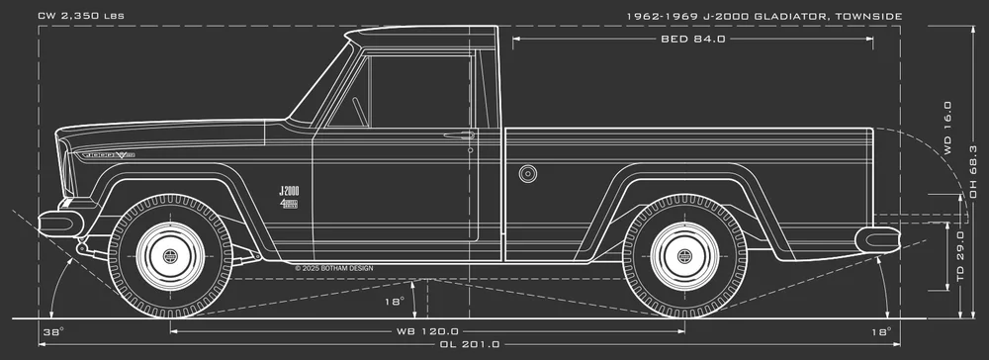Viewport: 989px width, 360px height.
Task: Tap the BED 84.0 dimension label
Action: click(692, 40)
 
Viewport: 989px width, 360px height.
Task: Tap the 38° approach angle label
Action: click(53, 330)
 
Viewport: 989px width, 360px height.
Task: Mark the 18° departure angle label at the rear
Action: click(881, 330)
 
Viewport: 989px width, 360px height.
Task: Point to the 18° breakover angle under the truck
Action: click(394, 302)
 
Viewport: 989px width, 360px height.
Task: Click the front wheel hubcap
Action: click(169, 256)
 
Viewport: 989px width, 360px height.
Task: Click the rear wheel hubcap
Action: click(684, 256)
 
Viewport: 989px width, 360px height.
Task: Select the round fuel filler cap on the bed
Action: click(528, 174)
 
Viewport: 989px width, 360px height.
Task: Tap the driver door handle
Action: click(458, 135)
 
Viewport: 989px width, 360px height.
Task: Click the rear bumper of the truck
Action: click(878, 237)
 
